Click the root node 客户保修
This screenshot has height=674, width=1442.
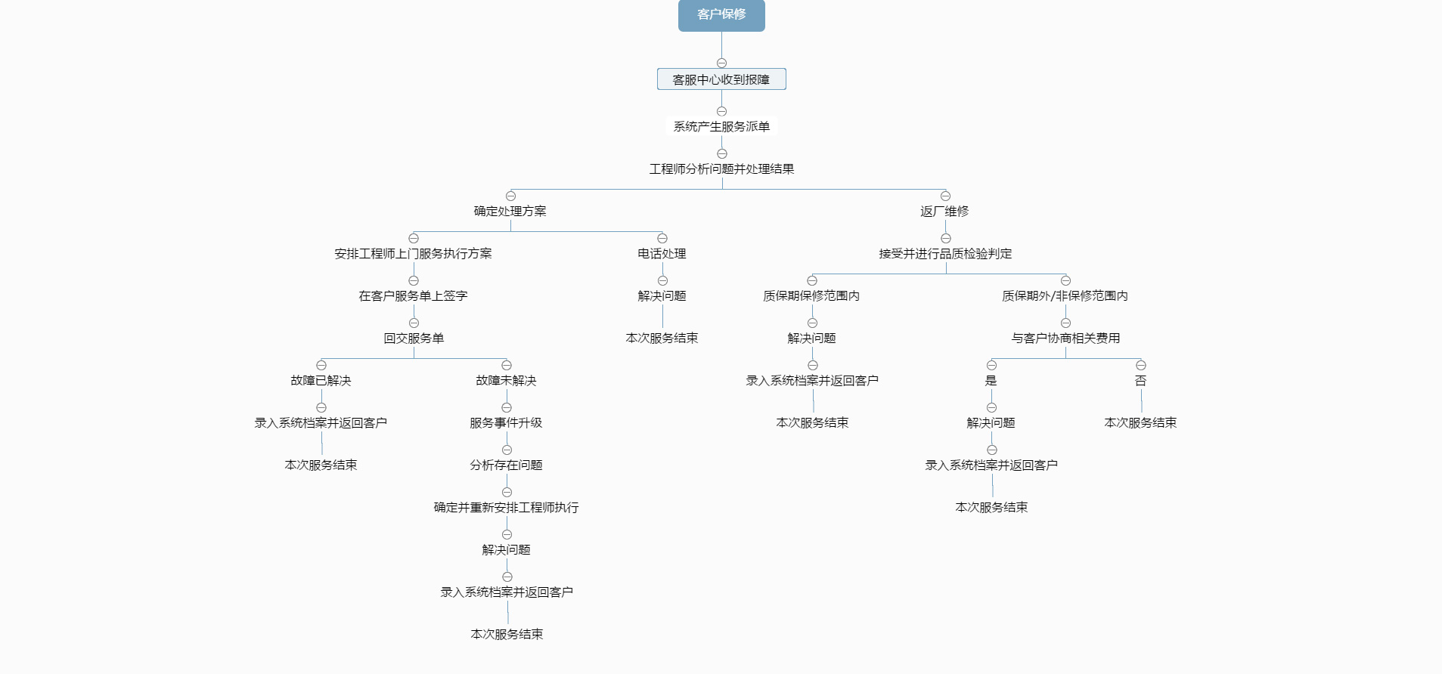tap(721, 15)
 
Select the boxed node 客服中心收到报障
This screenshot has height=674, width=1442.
tap(721, 79)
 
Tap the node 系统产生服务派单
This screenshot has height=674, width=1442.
tap(721, 127)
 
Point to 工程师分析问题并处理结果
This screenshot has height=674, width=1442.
tap(721, 169)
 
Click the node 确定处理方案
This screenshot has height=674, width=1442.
tap(510, 212)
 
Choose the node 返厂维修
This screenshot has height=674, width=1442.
tap(944, 212)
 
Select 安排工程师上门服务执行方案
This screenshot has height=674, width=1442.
tap(413, 254)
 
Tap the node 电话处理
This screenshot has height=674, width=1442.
tap(662, 254)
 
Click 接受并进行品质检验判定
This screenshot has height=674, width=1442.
tap(945, 254)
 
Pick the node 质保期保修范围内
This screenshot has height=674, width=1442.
tap(811, 296)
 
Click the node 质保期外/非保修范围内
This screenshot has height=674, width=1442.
tap(1065, 296)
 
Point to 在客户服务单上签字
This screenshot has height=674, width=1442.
tap(413, 296)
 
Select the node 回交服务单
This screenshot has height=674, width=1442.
tap(414, 339)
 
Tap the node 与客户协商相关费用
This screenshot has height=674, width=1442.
tap(1065, 339)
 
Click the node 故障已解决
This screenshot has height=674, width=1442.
tap(321, 381)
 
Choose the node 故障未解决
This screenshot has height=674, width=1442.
tap(506, 381)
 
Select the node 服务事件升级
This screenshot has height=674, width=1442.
tap(506, 423)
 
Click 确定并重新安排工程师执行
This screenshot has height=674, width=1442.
tap(506, 508)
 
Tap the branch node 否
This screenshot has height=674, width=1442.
tap(1140, 381)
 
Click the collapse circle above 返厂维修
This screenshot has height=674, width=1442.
tap(945, 196)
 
